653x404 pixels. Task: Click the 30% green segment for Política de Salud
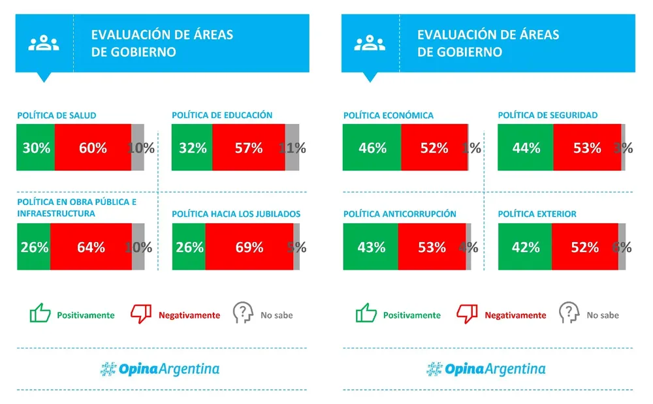click(35, 148)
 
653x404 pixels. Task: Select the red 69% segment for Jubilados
click(248, 247)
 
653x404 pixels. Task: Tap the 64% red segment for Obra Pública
click(91, 247)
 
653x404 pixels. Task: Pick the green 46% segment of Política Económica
click(372, 148)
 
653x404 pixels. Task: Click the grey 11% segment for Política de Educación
click(292, 148)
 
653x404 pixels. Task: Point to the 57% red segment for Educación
click(248, 148)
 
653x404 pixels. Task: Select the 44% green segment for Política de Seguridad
click(525, 148)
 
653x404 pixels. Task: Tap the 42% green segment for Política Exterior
click(524, 247)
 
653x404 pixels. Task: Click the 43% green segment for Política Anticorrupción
click(370, 247)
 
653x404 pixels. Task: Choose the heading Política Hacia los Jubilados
click(236, 213)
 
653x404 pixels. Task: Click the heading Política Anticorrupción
click(400, 213)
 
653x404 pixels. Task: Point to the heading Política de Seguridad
click(547, 115)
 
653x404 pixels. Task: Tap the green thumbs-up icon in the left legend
click(40, 313)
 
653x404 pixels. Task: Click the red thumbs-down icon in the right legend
click(467, 314)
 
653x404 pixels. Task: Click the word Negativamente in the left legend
click(189, 315)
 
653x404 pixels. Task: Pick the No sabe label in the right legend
click(602, 315)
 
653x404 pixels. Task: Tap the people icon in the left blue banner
click(43, 44)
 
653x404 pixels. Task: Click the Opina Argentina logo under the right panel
click(486, 369)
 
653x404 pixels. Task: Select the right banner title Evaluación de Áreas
click(488, 35)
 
